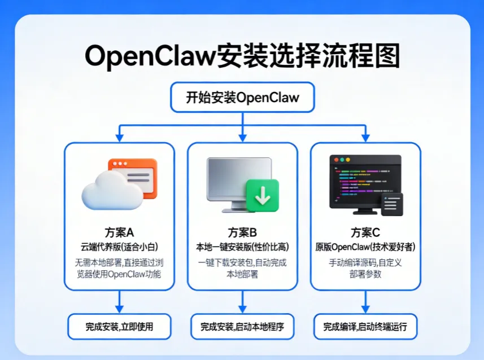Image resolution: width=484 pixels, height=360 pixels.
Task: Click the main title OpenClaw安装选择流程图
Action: coord(243,55)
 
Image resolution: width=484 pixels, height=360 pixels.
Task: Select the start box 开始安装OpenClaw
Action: coord(243,97)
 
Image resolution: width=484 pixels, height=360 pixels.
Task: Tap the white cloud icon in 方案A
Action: coord(112,191)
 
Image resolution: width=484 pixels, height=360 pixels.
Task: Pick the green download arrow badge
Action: coord(263,196)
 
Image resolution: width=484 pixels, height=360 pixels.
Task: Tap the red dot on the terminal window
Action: coord(336,160)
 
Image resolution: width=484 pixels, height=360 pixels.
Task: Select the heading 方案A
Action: coord(119,232)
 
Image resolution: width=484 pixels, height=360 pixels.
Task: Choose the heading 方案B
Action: coord(242,232)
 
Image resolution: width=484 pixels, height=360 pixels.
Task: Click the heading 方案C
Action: coord(365,232)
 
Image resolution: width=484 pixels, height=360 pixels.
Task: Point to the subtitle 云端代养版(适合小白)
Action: coord(119,247)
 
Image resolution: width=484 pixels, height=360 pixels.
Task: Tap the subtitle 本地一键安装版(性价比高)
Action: coord(242,247)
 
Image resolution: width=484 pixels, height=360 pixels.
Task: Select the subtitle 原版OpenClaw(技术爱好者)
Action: coord(365,247)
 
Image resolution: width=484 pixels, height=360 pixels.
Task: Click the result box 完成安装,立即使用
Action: coord(119,327)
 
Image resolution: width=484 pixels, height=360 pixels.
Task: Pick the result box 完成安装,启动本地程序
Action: coord(242,327)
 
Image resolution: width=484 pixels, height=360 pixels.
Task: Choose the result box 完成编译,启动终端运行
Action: coord(365,327)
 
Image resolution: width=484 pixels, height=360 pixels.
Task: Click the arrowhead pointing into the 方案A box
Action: coord(120,138)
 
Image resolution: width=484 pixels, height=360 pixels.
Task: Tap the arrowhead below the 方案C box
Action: coord(365,309)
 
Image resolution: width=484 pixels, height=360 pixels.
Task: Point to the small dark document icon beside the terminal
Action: coord(393,204)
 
